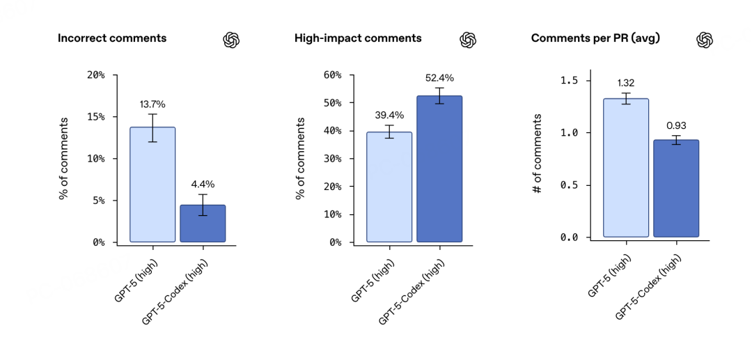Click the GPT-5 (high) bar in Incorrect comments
(x=152, y=185)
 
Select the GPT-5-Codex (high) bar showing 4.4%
(x=203, y=224)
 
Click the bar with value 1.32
(x=626, y=168)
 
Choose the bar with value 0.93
(x=676, y=188)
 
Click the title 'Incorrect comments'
(x=112, y=38)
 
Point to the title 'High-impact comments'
(x=358, y=38)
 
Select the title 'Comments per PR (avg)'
(x=595, y=38)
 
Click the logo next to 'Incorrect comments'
(x=231, y=40)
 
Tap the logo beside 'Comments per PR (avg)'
(x=705, y=40)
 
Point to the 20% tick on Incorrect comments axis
(x=95, y=75)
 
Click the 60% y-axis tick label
(x=332, y=75)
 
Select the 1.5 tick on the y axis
(x=570, y=81)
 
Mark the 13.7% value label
(x=152, y=104)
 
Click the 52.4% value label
(x=439, y=78)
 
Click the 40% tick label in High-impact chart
(x=332, y=131)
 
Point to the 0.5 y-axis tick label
(x=570, y=185)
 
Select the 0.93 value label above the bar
(x=676, y=125)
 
